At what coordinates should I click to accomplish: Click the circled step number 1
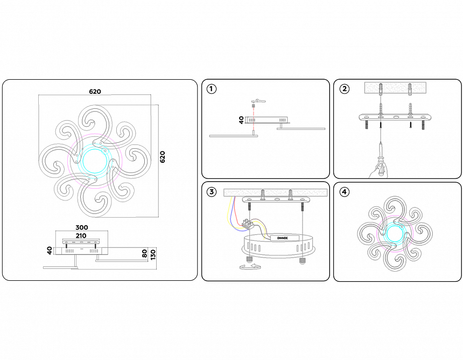coord(212,89)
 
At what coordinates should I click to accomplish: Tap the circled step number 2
coord(344,89)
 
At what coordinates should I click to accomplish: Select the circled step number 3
coord(212,192)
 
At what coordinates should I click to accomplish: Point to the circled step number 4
coord(344,192)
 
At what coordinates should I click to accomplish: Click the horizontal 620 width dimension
coord(95,92)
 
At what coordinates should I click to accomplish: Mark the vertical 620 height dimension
coord(163,157)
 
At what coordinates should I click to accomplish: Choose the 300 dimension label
coord(82,227)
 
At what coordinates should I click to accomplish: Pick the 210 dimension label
coord(81,236)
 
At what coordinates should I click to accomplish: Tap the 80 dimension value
coord(144,253)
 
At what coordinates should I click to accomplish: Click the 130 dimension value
coord(153,254)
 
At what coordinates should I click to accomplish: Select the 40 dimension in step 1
coord(242,120)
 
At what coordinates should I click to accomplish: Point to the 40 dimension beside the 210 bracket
coord(50,251)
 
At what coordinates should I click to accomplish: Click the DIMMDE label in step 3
coord(283,238)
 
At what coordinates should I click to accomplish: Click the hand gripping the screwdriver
coord(378,171)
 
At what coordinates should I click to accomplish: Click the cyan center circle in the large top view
coord(95,161)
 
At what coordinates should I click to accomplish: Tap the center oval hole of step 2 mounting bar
coord(395,117)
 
